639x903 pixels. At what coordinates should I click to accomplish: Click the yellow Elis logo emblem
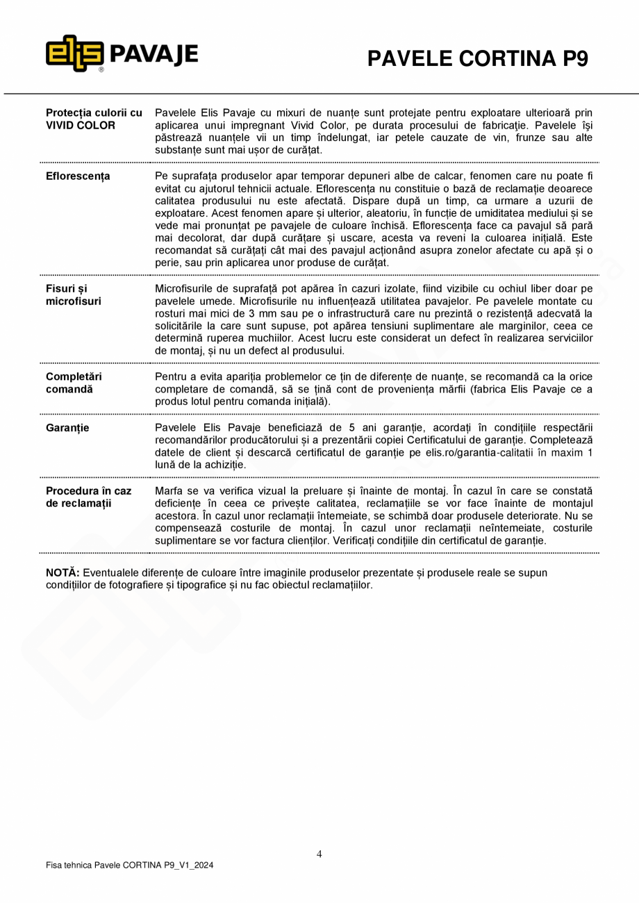[75, 53]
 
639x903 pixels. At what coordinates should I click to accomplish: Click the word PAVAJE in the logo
[153, 54]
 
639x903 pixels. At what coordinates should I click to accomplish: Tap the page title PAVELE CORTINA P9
[477, 59]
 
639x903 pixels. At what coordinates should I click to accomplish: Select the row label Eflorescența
[78, 176]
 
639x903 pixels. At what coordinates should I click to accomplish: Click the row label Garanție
[67, 428]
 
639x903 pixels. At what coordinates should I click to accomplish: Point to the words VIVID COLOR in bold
[81, 126]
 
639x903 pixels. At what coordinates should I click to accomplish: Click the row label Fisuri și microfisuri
[74, 295]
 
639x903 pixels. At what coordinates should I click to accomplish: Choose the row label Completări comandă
[74, 383]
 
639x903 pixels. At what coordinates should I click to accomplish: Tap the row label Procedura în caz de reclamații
[88, 497]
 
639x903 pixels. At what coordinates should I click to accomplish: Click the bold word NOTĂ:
[63, 573]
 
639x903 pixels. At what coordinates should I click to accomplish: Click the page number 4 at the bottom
[319, 854]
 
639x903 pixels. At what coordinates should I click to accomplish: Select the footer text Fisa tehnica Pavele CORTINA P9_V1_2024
[129, 865]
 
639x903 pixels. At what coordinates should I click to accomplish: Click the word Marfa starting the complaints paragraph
[169, 490]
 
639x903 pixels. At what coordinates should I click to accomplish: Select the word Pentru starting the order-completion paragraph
[172, 376]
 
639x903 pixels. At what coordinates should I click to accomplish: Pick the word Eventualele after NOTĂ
[114, 573]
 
